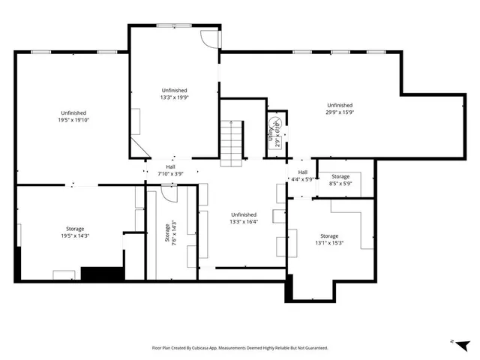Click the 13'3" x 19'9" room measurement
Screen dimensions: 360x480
click(174, 97)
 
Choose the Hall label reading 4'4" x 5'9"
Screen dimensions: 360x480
click(302, 179)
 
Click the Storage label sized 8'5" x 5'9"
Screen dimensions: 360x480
click(340, 183)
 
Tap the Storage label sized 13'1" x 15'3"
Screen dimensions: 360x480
click(329, 243)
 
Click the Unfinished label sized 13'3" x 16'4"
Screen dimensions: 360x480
click(242, 221)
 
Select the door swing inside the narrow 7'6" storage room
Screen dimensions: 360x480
click(169, 193)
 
